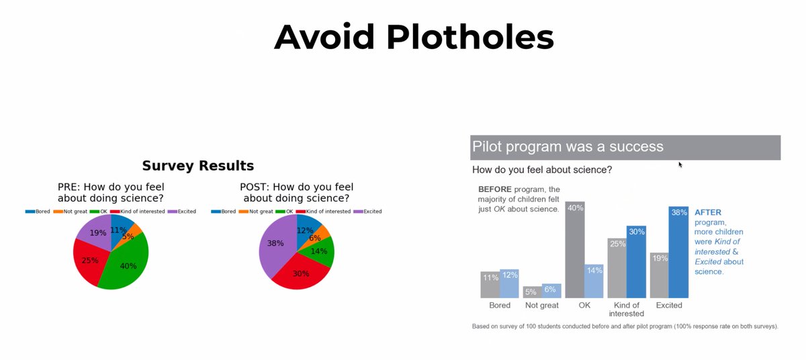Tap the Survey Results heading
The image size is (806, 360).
pos(197,165)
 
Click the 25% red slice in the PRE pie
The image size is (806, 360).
pos(89,261)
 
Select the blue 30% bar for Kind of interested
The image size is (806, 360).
pos(636,262)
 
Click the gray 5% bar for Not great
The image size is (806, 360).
pos(532,292)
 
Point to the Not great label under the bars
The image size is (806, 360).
pos(541,306)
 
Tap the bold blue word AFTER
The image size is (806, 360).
pos(708,212)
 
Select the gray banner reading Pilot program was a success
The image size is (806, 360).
pos(625,147)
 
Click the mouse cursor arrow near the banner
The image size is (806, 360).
pos(680,163)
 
